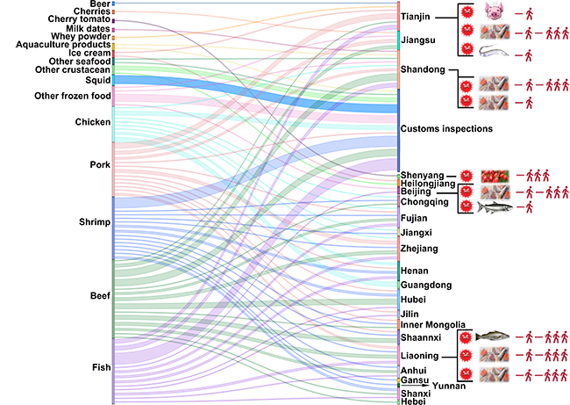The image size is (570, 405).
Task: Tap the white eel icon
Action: (493, 54)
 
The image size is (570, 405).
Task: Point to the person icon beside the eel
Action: (530, 54)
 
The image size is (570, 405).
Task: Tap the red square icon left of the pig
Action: (468, 13)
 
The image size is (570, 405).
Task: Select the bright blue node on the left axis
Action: (113, 80)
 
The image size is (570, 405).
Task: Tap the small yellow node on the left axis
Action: (113, 38)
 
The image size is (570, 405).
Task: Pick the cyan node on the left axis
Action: (113, 123)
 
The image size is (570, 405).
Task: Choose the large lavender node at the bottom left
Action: (113, 369)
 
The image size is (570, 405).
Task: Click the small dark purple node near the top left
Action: (113, 20)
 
